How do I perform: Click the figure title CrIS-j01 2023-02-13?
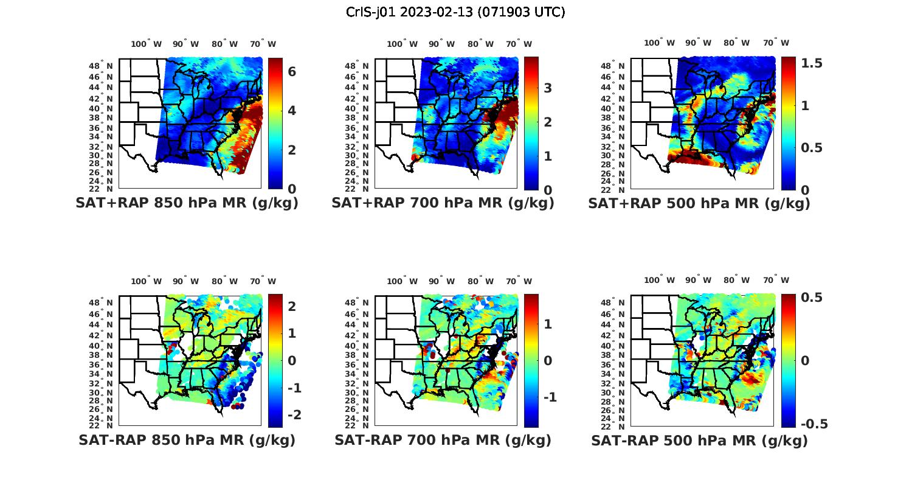pos(455,12)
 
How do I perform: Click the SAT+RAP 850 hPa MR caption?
pos(187,203)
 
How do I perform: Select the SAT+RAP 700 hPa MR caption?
pos(443,203)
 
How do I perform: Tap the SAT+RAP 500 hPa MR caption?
pos(699,203)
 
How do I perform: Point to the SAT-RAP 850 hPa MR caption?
pos(187,440)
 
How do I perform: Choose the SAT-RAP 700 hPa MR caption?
pos(443,440)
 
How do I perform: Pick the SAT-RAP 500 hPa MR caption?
pos(699,440)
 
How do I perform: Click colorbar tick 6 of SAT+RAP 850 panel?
pos(292,71)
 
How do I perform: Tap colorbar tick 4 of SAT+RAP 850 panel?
pos(292,110)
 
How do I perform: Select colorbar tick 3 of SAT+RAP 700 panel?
pos(548,88)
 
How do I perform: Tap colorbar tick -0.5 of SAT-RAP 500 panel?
pos(815,424)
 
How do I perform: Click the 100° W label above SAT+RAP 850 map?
pos(147,44)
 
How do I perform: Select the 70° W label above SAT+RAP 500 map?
pos(776,43)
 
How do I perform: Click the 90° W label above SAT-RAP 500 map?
pos(698,280)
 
